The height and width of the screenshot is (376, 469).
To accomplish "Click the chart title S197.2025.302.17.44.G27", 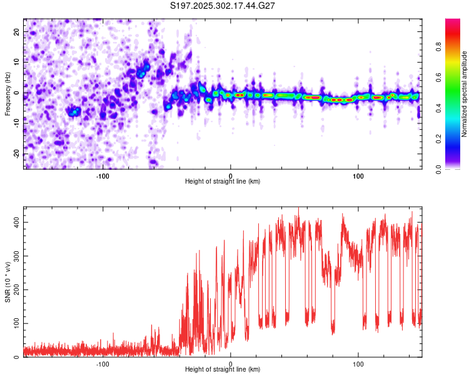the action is [222, 6].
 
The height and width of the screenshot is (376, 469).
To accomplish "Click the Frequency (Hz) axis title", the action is [8, 94].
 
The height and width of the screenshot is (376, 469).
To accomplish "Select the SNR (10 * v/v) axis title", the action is [8, 282].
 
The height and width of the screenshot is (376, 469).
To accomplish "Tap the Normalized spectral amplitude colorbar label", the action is [464, 94].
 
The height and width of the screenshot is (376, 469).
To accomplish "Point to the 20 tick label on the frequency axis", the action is [17, 31].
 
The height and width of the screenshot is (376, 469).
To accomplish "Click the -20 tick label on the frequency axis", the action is [17, 154].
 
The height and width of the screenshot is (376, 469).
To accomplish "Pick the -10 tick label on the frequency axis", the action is [17, 123].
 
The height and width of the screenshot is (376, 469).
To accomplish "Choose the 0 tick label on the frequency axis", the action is [17, 93].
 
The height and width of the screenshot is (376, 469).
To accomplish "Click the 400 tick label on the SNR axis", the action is [17, 222].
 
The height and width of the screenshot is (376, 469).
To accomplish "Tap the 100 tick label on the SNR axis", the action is [17, 323].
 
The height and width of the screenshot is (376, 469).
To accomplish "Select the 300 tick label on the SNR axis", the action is [17, 256].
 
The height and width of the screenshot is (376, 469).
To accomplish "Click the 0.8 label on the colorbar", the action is [438, 47].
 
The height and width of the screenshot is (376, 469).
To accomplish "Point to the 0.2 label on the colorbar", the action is [438, 139].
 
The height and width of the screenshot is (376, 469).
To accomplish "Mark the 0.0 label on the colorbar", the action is [438, 169].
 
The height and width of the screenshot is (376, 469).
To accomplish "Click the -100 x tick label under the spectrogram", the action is [103, 176].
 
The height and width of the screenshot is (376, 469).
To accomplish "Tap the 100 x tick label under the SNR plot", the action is [358, 364].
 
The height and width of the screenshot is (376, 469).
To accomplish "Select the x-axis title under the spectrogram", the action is [223, 181].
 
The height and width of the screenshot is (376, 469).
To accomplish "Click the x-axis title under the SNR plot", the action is [223, 369].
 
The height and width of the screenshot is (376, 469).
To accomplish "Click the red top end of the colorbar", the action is [453, 21].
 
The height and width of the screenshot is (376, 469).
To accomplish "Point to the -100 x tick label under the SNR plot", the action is [103, 364].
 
